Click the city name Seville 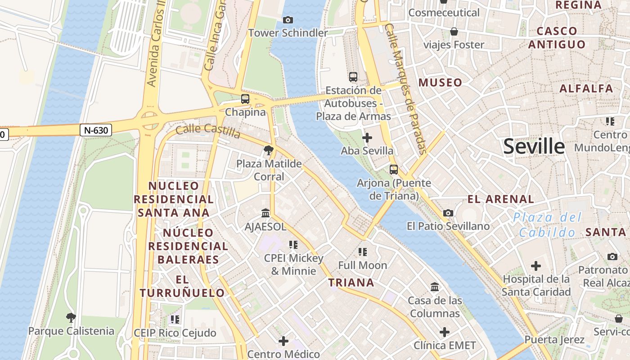[534, 146]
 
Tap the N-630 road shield [96, 130]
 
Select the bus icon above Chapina [245, 99]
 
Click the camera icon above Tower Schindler [288, 20]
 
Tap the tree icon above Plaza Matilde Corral [269, 150]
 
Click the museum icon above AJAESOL [265, 213]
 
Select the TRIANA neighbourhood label [351, 283]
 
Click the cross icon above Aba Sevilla [367, 137]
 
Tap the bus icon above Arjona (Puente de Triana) [394, 170]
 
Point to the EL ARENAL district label [500, 199]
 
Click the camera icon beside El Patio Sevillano [448, 213]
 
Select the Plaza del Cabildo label [547, 225]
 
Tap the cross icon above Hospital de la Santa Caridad [535, 265]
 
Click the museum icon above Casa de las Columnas [435, 287]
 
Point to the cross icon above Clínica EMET [445, 332]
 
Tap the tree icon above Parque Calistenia [71, 318]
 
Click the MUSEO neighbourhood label [440, 82]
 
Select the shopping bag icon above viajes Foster [454, 31]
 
